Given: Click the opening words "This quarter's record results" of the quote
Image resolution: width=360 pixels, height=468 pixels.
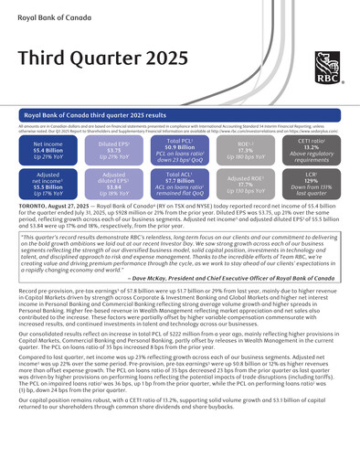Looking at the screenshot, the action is pyautogui.click(x=64, y=236).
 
